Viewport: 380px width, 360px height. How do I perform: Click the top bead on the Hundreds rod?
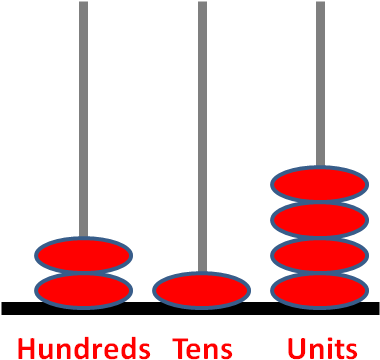coord(84,255)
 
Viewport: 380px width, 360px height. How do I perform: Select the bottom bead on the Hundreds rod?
coord(84,291)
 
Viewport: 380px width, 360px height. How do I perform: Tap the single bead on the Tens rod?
coord(201,290)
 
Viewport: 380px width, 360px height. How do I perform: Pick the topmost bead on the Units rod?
coord(320,185)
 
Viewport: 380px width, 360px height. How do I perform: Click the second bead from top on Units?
coord(320,220)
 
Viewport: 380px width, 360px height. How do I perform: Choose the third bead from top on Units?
coord(320,256)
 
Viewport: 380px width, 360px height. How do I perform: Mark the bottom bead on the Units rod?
coord(320,291)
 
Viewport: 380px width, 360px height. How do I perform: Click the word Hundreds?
coord(84,348)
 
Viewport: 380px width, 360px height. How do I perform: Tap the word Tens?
coord(202,348)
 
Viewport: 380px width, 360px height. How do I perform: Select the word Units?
coord(321,348)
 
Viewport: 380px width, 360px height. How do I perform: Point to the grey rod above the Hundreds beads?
coord(84,120)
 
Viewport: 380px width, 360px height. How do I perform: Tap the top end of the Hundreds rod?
coord(84,4)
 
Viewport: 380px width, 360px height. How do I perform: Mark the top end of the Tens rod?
coord(202,4)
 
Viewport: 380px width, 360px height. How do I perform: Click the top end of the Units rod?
coord(320,4)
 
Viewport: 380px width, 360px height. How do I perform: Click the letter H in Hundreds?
coord(27,348)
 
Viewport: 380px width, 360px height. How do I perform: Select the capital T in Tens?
coord(180,348)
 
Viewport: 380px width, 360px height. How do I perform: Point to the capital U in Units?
coord(296,348)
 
